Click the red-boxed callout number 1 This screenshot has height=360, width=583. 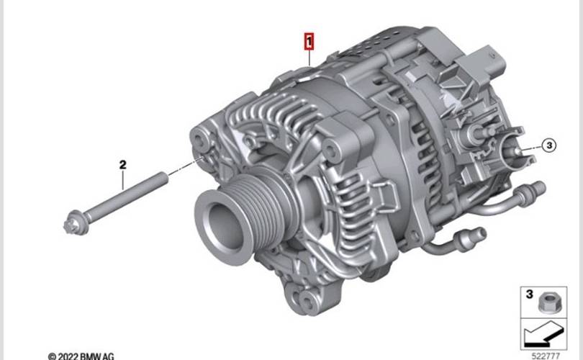[x=309, y=41]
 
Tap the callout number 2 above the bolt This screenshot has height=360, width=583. [x=122, y=164]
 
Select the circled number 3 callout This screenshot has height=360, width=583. [x=549, y=145]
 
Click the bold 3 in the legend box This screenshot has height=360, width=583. [x=530, y=294]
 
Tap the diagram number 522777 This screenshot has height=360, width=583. [x=546, y=356]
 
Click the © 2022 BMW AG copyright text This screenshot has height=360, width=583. [x=81, y=356]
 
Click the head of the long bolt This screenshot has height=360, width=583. [x=76, y=222]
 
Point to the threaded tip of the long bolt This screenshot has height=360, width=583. [x=161, y=178]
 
